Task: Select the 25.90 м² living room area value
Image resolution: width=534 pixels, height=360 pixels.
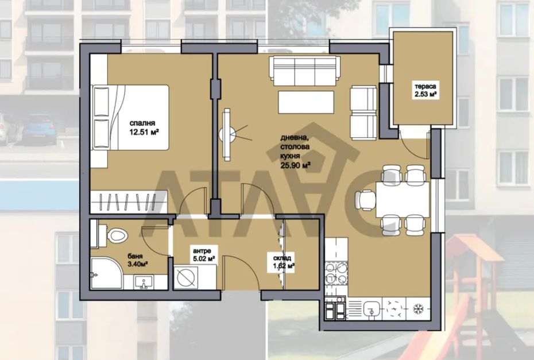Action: coord(295,165)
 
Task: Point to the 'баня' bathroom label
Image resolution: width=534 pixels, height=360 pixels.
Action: coord(135,256)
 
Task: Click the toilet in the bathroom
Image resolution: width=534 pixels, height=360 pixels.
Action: coord(113,234)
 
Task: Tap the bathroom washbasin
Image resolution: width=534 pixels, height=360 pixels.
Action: coord(144,282)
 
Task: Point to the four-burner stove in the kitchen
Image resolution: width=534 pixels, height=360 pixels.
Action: coord(336,273)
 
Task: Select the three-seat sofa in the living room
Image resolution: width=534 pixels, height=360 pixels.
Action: coord(304,71)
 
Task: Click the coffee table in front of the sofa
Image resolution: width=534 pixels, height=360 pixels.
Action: coord(306,102)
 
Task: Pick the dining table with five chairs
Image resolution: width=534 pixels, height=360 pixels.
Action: coord(403,200)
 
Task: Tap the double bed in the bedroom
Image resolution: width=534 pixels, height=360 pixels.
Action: coord(130,118)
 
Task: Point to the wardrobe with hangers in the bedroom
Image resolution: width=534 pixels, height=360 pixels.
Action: coord(129,202)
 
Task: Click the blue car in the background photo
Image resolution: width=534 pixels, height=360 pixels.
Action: coord(40,129)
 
